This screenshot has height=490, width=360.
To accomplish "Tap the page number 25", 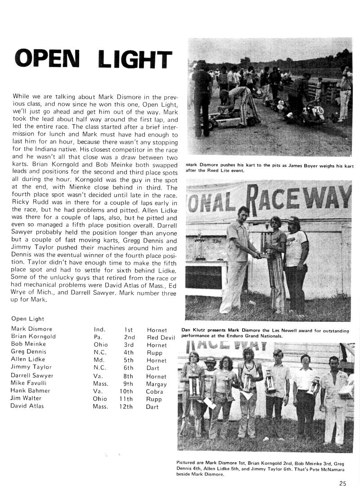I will (x=343, y=484).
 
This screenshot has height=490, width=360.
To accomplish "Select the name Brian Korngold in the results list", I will (x=33, y=337).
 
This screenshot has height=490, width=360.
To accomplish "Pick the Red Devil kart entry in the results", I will (x=160, y=337).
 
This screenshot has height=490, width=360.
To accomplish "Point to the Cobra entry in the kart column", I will (x=155, y=392).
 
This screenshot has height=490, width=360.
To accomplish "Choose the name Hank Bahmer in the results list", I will (x=30, y=391).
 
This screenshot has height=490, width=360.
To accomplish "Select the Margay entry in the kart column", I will (x=156, y=384).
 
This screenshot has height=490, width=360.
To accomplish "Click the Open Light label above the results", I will (x=27, y=319).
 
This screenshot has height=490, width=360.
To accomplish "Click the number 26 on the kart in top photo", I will (x=319, y=110).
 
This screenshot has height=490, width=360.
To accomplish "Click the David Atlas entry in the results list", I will (x=28, y=406).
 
